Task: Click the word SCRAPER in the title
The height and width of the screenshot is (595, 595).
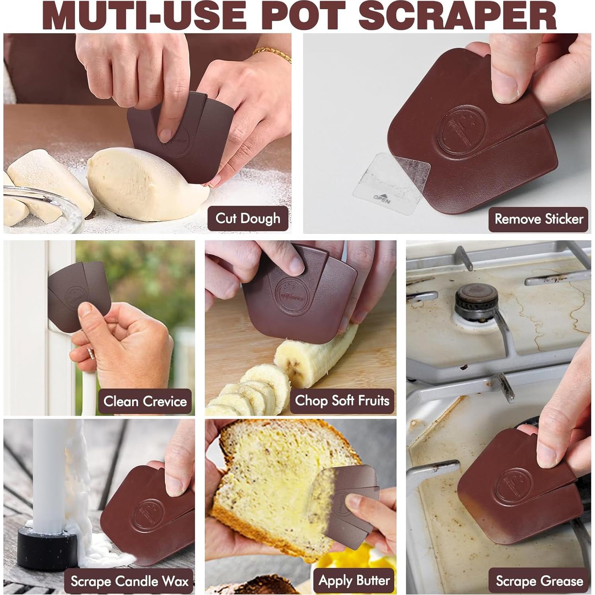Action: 459,16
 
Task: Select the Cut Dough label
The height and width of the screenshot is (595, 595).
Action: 248,218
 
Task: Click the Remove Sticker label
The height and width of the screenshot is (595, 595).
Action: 538,219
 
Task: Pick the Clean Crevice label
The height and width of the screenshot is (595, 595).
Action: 145,401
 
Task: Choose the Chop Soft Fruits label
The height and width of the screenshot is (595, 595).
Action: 342,401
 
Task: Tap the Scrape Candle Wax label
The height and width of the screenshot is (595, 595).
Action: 129,581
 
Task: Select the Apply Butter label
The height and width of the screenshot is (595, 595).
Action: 354,581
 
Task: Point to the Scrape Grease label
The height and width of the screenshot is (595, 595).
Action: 539,581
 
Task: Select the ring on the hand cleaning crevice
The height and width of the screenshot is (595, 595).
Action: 91,352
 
